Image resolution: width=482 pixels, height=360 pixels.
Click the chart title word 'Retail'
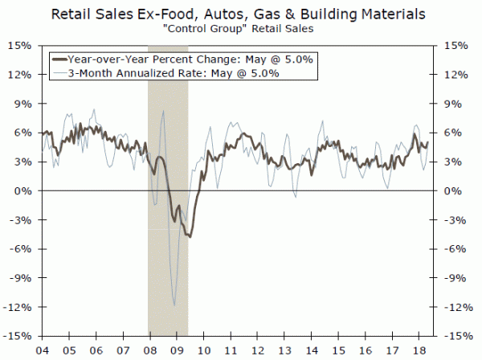click(x=76, y=14)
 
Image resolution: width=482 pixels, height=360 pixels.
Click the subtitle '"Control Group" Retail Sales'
click(x=240, y=31)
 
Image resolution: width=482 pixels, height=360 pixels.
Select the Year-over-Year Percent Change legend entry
click(x=187, y=59)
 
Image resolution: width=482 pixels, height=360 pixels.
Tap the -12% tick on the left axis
click(x=18, y=307)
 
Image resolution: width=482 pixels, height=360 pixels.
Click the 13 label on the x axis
click(x=287, y=350)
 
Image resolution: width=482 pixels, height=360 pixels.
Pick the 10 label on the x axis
click(x=204, y=350)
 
